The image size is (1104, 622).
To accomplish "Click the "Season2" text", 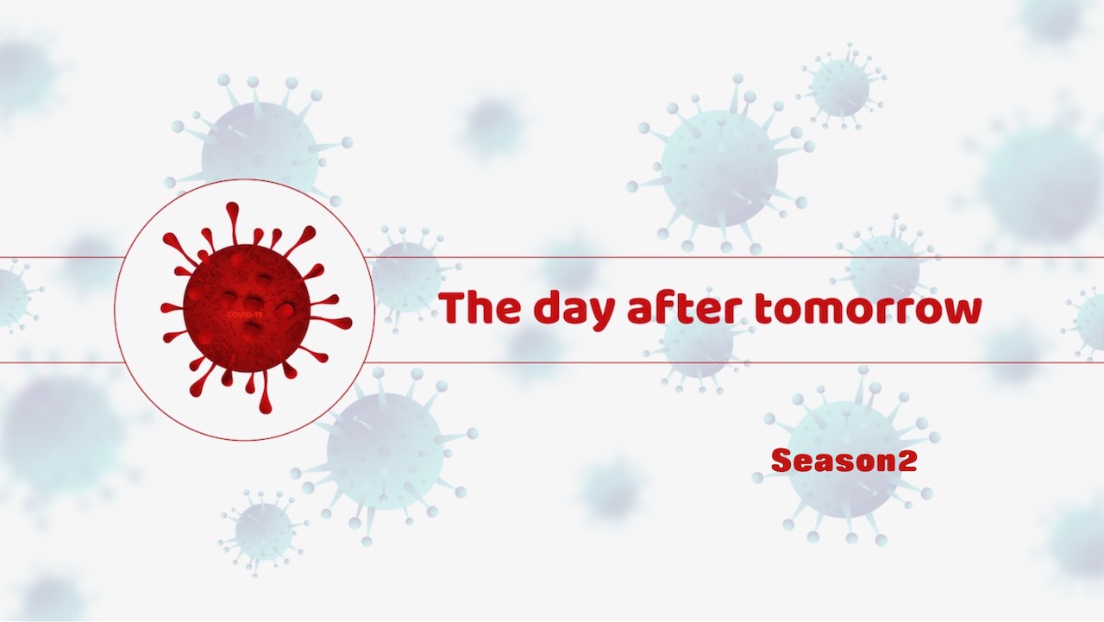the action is click(x=844, y=460).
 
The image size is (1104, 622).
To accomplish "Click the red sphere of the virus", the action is click(x=247, y=308).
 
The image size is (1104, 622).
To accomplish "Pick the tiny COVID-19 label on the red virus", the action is click(x=245, y=314).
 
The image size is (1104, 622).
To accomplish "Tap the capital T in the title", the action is click(x=453, y=308).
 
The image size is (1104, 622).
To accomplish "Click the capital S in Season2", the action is click(x=781, y=460).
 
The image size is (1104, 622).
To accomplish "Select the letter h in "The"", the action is click(x=481, y=308).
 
